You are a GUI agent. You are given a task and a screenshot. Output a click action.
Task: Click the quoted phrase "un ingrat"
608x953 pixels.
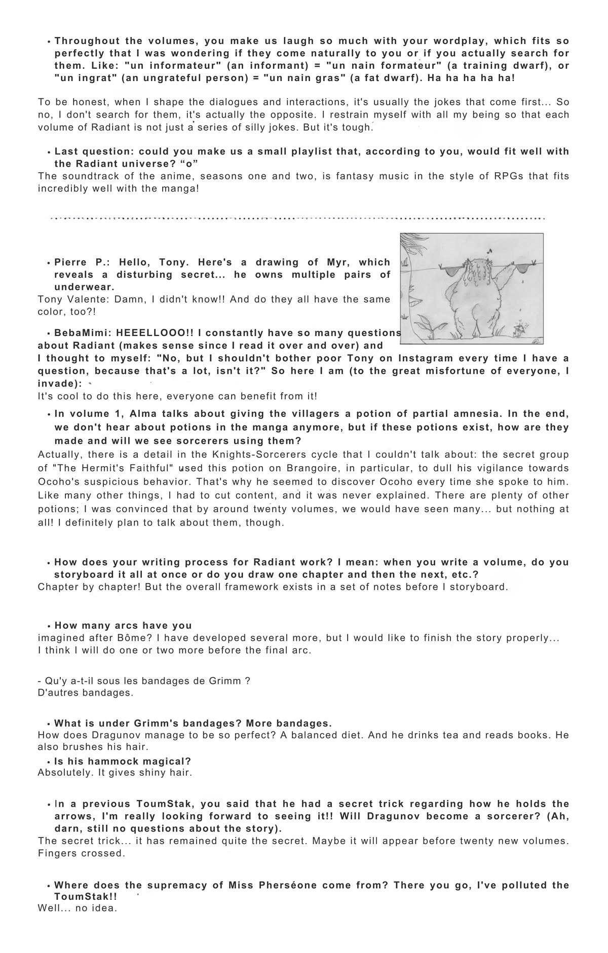click(x=80, y=78)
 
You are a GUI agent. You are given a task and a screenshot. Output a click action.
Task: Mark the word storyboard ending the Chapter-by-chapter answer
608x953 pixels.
click(x=479, y=587)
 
